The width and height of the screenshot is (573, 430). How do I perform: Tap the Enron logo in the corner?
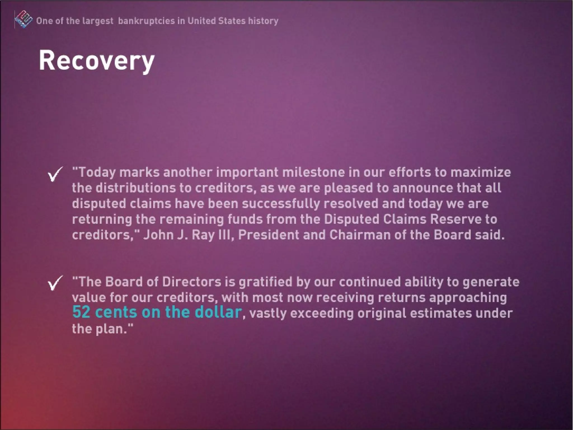[24, 20]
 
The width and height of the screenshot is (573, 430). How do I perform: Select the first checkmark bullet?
[55, 174]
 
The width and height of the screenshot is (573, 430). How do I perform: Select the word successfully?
[281, 204]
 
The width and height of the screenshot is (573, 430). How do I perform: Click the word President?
[268, 235]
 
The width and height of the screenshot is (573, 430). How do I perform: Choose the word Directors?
[192, 282]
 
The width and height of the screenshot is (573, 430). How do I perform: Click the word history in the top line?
[263, 21]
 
